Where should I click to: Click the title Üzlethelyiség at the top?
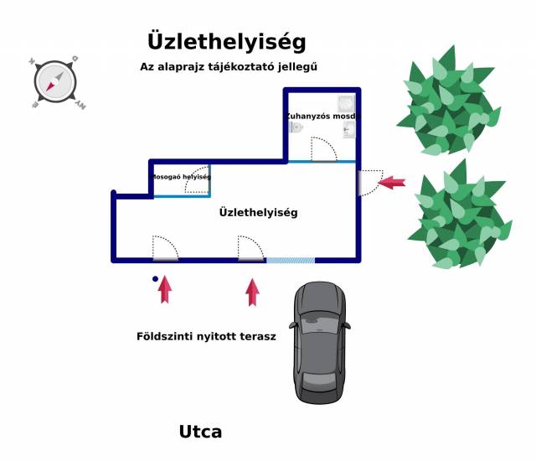coord(226,41)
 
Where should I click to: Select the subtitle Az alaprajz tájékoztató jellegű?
coord(229,66)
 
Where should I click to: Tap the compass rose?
coord(55,82)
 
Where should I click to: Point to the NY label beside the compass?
coord(80,106)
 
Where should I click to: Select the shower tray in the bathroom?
coord(346,103)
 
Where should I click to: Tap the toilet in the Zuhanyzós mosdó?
coord(296,127)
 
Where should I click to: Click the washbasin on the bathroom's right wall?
coord(349,129)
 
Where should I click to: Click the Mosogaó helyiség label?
coord(180,177)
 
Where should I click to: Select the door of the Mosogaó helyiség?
coord(198,182)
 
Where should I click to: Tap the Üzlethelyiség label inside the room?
coord(258,213)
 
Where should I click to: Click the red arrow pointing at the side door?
coord(392,181)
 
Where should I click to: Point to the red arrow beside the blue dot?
coord(165,288)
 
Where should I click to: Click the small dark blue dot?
coord(155,278)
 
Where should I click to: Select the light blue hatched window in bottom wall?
coord(291,261)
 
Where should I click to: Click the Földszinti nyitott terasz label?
coord(206,336)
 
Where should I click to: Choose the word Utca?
coord(200,433)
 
